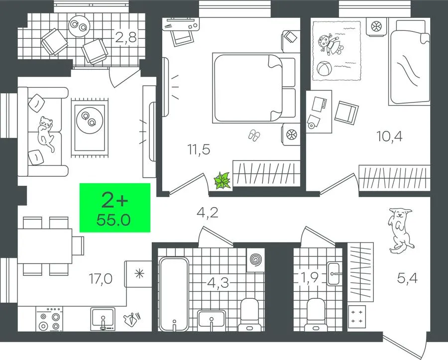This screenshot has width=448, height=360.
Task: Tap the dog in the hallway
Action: (401, 230)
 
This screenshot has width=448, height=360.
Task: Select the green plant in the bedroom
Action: (223, 180)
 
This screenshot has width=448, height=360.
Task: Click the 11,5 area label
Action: (199, 149)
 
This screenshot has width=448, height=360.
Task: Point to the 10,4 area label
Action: (389, 136)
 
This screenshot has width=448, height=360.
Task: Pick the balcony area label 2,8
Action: (126, 37)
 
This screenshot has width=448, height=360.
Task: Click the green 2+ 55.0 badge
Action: (115, 208)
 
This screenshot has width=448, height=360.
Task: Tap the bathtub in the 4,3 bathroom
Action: (174, 294)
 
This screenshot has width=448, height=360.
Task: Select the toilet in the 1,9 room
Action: (316, 314)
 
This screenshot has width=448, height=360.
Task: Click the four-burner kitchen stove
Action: (49, 319)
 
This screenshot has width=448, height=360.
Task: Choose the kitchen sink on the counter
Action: (103, 319)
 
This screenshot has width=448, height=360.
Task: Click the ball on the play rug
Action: (324, 68)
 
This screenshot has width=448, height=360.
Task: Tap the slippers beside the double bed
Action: (254, 135)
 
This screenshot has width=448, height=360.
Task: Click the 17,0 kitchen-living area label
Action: (101, 279)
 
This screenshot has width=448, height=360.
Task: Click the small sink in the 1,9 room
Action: (333, 274)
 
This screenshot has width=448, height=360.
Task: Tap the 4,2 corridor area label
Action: (208, 213)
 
